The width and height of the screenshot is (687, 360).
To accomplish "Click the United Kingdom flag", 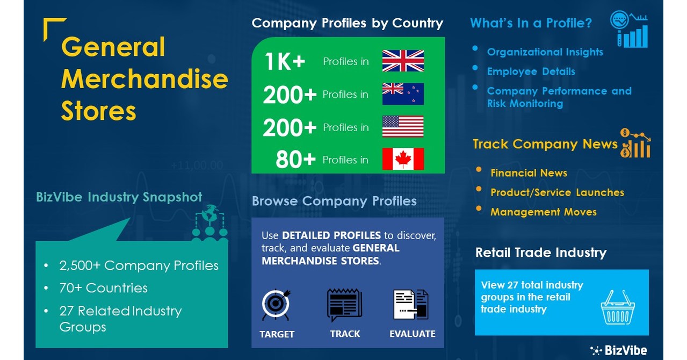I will click(x=403, y=61).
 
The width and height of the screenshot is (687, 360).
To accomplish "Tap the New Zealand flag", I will click(x=403, y=94).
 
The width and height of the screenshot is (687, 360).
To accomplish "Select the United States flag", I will click(x=403, y=127).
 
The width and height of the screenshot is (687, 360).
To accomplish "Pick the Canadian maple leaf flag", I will click(x=403, y=159).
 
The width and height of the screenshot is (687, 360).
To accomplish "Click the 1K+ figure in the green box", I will click(x=285, y=62).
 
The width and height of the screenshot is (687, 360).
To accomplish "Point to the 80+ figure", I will click(x=295, y=160).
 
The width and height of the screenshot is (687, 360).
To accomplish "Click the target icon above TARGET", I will click(x=276, y=305).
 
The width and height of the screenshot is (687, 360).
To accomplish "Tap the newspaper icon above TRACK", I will click(x=344, y=305).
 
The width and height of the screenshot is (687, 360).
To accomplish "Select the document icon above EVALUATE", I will click(x=411, y=305).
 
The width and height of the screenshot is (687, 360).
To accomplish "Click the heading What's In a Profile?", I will click(x=531, y=23).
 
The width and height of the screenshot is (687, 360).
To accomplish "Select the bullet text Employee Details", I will click(x=531, y=71).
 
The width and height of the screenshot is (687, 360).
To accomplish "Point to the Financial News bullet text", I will click(x=529, y=173).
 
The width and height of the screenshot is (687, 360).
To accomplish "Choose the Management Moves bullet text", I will click(x=543, y=212).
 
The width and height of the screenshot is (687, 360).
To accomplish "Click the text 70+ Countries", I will click(x=103, y=288).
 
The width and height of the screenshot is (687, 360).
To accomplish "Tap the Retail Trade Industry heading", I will click(x=540, y=253).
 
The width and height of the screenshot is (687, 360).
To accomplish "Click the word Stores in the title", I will click(x=98, y=111).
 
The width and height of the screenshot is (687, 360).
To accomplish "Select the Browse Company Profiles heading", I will click(x=334, y=201).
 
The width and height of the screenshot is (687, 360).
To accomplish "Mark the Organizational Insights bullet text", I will click(x=545, y=52).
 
